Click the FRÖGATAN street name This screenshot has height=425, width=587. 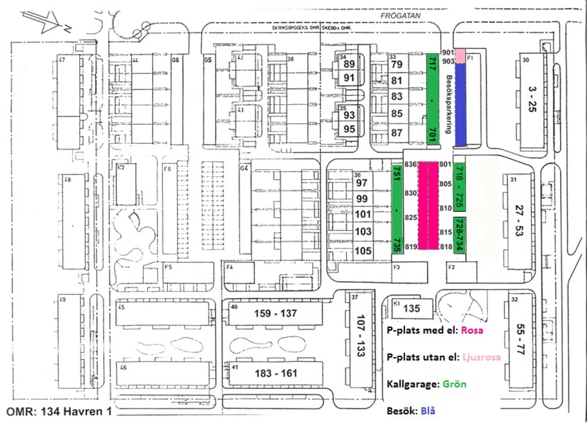401,16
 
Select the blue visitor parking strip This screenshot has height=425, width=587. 460,105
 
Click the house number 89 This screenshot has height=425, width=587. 349,64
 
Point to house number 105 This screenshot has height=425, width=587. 363,251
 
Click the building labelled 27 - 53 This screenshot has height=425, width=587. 518,221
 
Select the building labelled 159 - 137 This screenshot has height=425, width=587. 275,313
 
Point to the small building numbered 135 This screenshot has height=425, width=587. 412,309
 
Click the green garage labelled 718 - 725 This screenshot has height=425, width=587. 460,186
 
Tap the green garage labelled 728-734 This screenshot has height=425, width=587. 459,235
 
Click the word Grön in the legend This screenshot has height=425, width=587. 454,384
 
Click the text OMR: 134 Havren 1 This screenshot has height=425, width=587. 59,412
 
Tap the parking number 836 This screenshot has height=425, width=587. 410,164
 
